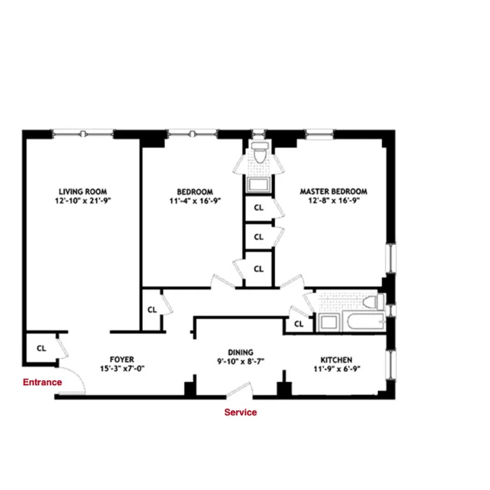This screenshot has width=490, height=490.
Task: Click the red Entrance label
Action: point(42,382)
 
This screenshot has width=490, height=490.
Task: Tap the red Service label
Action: point(241,412)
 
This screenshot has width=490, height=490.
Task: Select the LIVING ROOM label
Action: point(83,191)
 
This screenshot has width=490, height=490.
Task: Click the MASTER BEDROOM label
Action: point(334,191)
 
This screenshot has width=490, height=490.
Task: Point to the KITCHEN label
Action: point(336,360)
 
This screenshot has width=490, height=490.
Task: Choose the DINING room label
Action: point(241,352)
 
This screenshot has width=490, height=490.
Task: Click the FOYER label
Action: point(122,359)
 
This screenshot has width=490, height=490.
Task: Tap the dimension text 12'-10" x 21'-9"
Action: point(83,200)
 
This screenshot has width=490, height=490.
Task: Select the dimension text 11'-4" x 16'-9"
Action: point(195,200)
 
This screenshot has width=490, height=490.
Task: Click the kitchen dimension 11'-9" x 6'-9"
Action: point(337,369)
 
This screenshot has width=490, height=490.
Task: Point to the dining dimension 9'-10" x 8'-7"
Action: point(241,361)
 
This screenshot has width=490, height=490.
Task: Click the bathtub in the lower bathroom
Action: point(364,321)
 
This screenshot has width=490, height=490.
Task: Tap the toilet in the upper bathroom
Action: point(260,152)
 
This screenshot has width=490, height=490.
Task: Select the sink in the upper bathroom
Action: point(258,184)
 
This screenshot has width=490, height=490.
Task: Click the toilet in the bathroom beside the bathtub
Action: point(373,302)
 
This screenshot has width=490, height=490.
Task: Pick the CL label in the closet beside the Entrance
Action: point(41,348)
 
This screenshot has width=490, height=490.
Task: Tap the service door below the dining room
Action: point(240,390)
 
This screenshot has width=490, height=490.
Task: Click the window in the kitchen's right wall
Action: point(391,365)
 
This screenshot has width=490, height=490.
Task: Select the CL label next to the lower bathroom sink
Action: point(299,324)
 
